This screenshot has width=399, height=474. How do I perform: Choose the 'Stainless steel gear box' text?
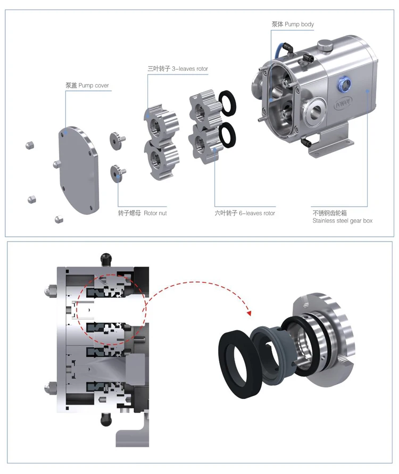coord(342,220)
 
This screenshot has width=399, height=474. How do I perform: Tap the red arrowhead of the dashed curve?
coord(248,314)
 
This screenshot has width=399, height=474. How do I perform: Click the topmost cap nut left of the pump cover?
coord(30,145)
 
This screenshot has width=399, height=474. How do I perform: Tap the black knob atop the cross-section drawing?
coord(104,259)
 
